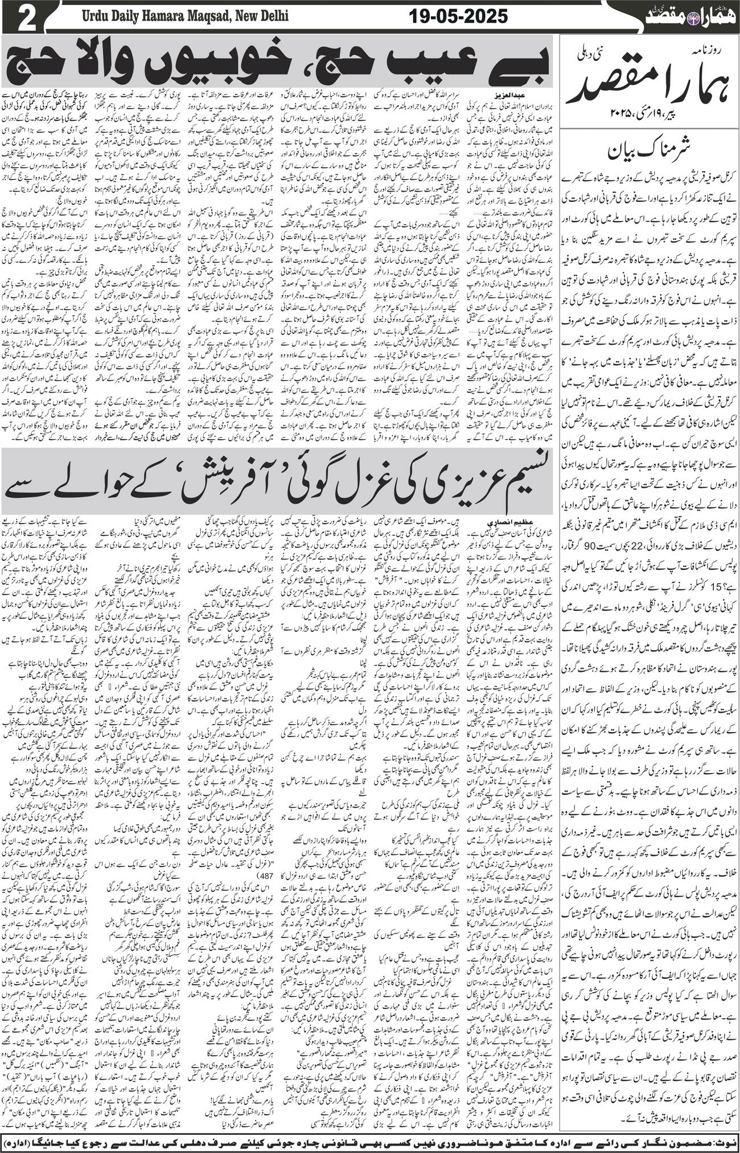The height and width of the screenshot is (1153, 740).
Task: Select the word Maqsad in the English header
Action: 215,18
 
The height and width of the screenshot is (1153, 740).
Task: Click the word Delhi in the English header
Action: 270,18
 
